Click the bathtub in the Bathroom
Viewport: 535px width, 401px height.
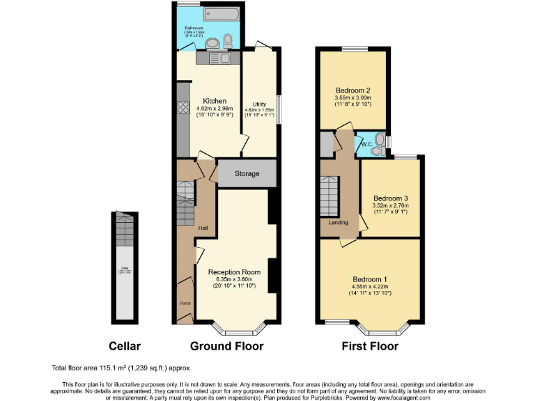(x=219, y=15)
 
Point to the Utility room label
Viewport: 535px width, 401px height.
(x=259, y=104)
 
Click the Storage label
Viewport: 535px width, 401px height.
(x=247, y=173)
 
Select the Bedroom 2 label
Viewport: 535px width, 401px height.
(x=352, y=91)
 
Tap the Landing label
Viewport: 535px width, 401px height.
(x=339, y=223)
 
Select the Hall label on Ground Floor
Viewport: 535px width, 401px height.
(x=203, y=228)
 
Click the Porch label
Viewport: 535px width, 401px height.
(x=185, y=303)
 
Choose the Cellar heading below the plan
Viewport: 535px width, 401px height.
(x=125, y=346)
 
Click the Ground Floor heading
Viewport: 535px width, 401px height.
(x=227, y=346)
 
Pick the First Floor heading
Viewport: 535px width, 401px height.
(x=370, y=346)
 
